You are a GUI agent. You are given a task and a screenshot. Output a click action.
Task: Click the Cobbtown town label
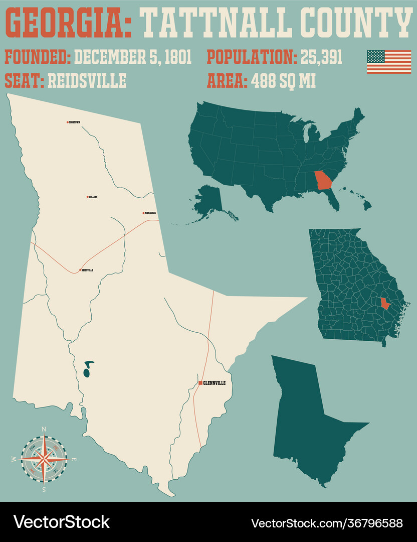point(75,122)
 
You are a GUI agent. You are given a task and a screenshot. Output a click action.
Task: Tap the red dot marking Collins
point(87,197)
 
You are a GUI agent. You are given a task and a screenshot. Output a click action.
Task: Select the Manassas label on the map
point(150,213)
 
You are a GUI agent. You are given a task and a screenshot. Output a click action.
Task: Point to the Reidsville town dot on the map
point(80,270)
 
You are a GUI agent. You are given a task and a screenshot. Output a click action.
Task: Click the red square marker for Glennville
point(200,383)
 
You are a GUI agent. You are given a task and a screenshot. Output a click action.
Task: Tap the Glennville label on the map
point(215,383)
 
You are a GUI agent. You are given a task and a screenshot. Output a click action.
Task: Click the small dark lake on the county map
point(87,369)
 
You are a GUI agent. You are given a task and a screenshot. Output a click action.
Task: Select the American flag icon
point(388,62)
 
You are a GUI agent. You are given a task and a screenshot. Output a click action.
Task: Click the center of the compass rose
point(44,458)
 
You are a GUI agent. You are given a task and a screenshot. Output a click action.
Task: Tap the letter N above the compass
point(44,429)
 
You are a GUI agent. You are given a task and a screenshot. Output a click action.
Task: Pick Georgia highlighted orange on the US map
point(323,180)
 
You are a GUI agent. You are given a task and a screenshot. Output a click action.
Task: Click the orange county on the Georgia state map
point(385,304)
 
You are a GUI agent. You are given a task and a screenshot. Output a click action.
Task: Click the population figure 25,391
point(321,57)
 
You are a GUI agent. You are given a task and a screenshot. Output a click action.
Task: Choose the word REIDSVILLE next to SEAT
point(87,80)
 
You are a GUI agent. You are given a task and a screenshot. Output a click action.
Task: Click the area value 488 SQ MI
point(284,80)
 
